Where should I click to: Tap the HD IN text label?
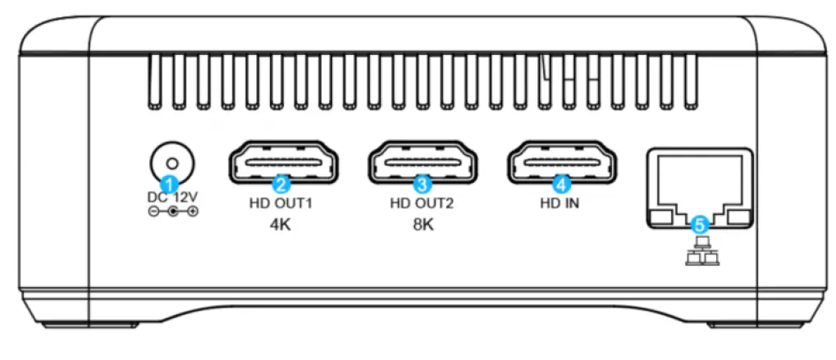point(562,203)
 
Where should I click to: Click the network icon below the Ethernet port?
point(700,249)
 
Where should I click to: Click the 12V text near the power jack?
point(185,197)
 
